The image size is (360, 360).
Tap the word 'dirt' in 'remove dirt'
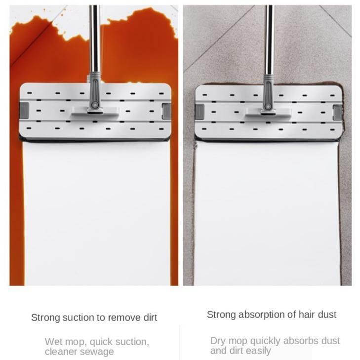click(x=151, y=318)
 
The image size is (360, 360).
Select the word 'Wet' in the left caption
click(x=53, y=342)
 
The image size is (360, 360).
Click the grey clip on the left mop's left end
click(x=24, y=111)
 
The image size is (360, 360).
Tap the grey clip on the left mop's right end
click(x=166, y=111)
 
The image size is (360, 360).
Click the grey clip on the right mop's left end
click(x=200, y=112)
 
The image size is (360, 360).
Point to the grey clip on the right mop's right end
click(x=337, y=112)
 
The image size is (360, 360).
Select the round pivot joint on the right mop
click(x=268, y=107)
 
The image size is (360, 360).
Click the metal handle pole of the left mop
click(x=94, y=39)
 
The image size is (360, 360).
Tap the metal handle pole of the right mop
click(x=270, y=40)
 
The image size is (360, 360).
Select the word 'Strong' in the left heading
click(x=45, y=318)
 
